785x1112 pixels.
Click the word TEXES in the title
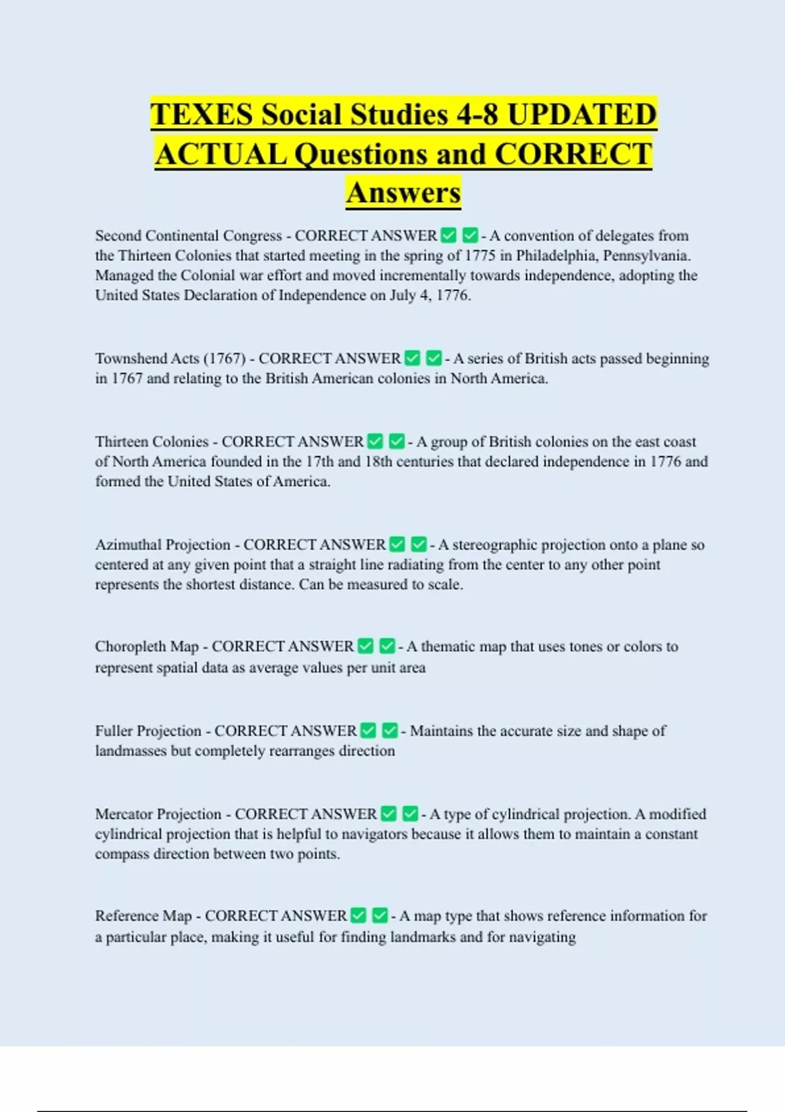point(201,115)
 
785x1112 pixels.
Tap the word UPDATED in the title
point(582,115)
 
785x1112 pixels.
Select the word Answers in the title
point(404,193)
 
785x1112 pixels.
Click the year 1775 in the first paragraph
point(480,256)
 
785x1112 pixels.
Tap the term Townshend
point(131,358)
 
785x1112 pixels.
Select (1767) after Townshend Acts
point(224,358)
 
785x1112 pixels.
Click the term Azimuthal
point(128,545)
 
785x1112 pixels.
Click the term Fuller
point(114,731)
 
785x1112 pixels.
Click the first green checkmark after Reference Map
point(358,915)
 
